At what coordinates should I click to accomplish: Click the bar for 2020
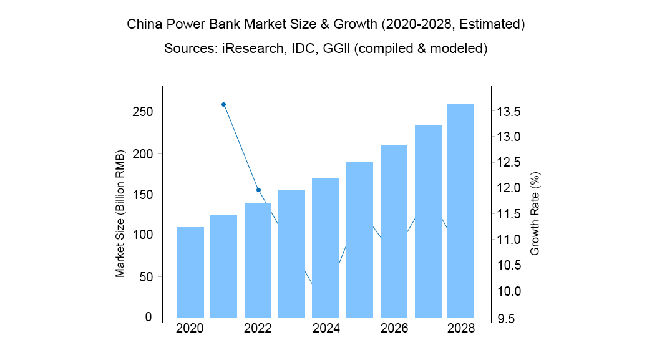click(191, 273)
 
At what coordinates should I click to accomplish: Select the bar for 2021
click(224, 266)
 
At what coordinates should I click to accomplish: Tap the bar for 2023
click(291, 253)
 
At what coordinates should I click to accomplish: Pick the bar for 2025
click(359, 240)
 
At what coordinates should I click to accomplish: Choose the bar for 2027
click(428, 221)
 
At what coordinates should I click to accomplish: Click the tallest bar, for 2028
click(461, 211)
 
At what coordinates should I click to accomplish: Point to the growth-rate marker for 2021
click(224, 105)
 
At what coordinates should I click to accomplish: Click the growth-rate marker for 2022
click(258, 190)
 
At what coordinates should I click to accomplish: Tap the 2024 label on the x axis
click(326, 328)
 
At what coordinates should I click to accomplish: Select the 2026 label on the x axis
click(394, 328)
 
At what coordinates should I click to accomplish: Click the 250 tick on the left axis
click(143, 112)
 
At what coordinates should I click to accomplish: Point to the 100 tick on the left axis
click(143, 235)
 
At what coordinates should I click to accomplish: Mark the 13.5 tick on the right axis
click(509, 112)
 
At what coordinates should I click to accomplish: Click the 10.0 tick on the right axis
click(509, 291)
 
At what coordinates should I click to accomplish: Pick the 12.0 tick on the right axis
click(509, 188)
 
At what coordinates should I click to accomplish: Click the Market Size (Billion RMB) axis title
click(120, 213)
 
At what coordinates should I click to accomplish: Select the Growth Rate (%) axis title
click(535, 214)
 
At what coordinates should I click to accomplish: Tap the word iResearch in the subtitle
click(253, 49)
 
